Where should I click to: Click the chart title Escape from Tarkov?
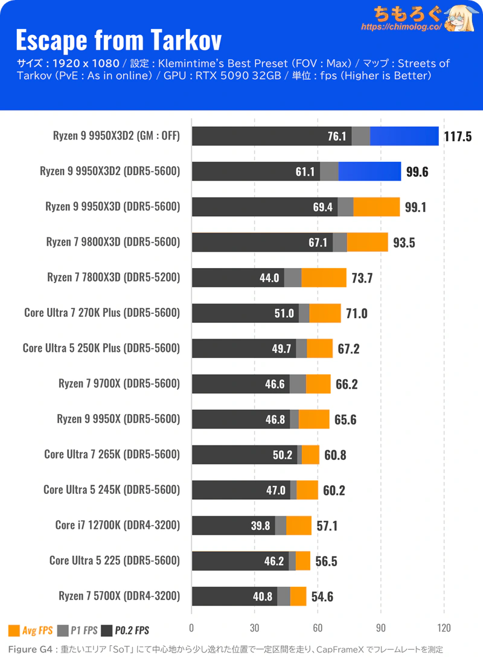click(118, 40)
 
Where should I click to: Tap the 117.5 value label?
click(458, 136)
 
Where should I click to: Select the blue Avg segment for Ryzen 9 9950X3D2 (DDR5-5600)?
click(369, 171)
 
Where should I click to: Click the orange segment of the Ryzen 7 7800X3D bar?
click(324, 278)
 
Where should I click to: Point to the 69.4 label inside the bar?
click(322, 207)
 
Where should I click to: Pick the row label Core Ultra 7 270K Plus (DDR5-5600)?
click(102, 313)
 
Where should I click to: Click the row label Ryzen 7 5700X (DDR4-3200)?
click(120, 596)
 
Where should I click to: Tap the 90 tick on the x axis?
click(380, 628)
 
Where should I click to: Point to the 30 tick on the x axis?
click(254, 628)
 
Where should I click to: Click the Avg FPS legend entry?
click(31, 631)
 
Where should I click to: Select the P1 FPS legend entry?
click(77, 631)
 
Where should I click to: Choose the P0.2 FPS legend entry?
click(125, 631)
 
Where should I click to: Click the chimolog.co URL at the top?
click(401, 27)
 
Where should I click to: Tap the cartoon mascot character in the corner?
click(461, 19)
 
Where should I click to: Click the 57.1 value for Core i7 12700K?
click(327, 526)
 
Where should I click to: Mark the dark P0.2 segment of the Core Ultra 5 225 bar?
click(240, 561)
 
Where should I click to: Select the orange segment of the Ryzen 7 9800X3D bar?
click(368, 243)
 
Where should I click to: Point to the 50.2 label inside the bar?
click(283, 455)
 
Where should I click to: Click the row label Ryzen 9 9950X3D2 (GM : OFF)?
click(117, 136)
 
